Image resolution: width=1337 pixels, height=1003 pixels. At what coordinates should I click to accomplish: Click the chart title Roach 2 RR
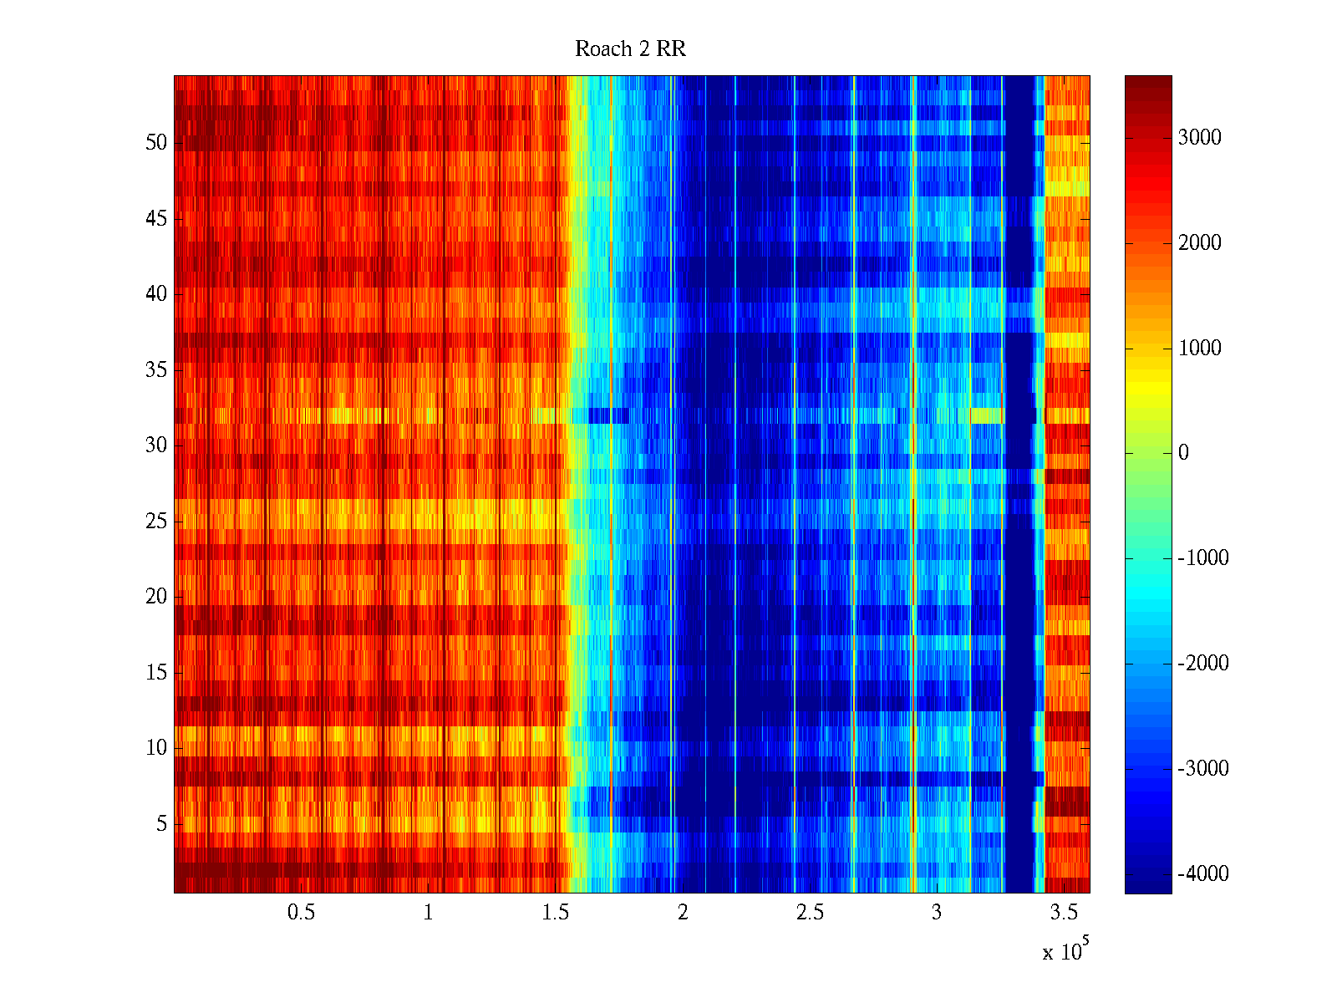coord(630,49)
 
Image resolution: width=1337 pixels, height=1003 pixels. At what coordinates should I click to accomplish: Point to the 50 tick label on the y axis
coord(156,143)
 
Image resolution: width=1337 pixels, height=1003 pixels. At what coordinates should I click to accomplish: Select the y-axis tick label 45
coord(156,219)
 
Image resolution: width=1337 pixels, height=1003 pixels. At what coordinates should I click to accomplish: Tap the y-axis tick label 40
coord(156,294)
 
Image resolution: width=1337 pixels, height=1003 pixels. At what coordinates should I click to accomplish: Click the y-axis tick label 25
coord(156,522)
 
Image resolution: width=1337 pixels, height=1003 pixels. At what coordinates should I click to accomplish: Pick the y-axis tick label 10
coord(156,748)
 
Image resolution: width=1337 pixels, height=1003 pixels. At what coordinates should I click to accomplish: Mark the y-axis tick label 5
coord(161,824)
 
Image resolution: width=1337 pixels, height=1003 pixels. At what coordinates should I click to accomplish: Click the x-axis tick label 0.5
coord(301,913)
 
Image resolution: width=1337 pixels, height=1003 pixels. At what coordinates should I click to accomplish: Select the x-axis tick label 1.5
coord(555,913)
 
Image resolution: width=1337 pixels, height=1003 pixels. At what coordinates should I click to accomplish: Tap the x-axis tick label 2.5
coord(809,913)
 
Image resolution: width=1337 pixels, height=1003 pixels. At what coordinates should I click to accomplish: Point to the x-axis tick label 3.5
coord(1064,913)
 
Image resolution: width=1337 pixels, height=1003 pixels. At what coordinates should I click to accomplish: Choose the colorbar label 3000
coord(1199,138)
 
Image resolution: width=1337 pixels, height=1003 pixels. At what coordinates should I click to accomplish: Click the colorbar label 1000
coord(1199,349)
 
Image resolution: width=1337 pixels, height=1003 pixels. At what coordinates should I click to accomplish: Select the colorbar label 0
coord(1183,453)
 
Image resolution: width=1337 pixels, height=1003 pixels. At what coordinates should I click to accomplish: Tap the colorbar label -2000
coord(1203,664)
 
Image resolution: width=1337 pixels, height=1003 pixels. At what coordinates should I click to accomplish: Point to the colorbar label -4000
coord(1203,874)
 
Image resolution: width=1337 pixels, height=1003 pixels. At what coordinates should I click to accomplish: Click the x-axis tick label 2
coord(683,913)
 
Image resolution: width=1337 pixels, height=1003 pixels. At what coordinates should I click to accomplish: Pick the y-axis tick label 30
coord(156,445)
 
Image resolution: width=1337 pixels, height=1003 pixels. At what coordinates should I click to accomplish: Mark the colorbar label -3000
coord(1203,769)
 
